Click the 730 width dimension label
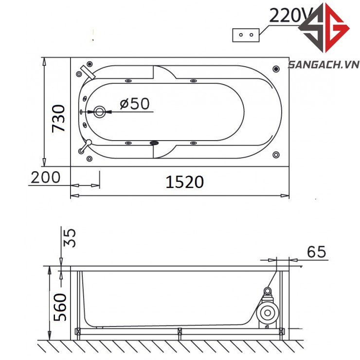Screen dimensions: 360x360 tap(58, 119)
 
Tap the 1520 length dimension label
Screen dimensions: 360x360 tap(184, 182)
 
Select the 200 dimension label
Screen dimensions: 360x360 tap(45, 177)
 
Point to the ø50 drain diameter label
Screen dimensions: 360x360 tap(135, 104)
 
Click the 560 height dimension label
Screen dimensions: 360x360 tap(60, 307)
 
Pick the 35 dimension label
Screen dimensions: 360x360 tap(69, 238)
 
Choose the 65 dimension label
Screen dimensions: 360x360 tap(316, 252)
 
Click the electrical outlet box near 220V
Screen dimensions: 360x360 tap(246, 35)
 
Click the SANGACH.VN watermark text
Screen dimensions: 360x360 tap(324, 65)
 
